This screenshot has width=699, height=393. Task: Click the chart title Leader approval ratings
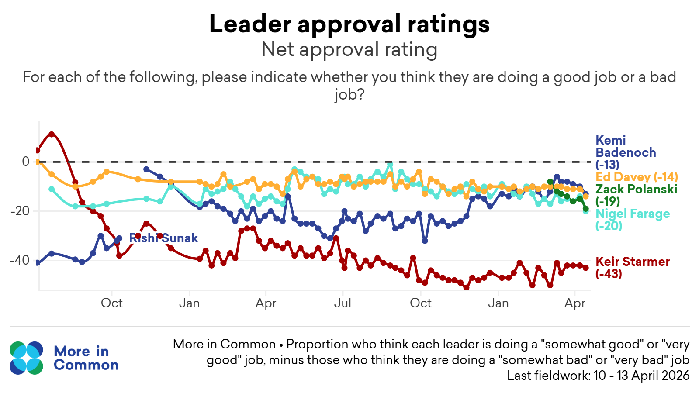349,24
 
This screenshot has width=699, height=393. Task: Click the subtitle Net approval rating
349,49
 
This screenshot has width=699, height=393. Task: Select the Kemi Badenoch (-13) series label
625,152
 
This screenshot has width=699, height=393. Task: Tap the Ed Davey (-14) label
637,177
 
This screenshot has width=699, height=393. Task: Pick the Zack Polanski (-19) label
636,195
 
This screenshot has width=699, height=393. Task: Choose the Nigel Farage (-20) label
632,219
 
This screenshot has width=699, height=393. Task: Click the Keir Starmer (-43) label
632,267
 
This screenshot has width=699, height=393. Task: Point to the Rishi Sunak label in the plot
164,238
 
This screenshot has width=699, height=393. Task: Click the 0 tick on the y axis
26,162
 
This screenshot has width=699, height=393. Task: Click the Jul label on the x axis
343,303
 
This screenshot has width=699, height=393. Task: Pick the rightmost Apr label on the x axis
574,303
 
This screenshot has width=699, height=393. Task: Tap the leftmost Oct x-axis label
112,303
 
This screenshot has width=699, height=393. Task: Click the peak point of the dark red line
52,134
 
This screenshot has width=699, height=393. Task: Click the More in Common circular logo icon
27,358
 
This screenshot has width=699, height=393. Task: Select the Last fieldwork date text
598,376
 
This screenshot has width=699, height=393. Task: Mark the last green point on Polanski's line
586,209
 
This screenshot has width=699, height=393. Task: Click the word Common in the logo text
86,365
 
